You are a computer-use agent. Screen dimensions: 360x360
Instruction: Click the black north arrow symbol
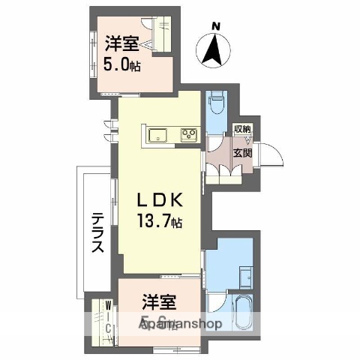pyautogui.click(x=213, y=51)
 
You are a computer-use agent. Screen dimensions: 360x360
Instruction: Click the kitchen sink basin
pyautogui.click(x=158, y=135)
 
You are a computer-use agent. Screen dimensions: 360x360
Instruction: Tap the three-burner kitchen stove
pyautogui.click(x=187, y=135)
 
